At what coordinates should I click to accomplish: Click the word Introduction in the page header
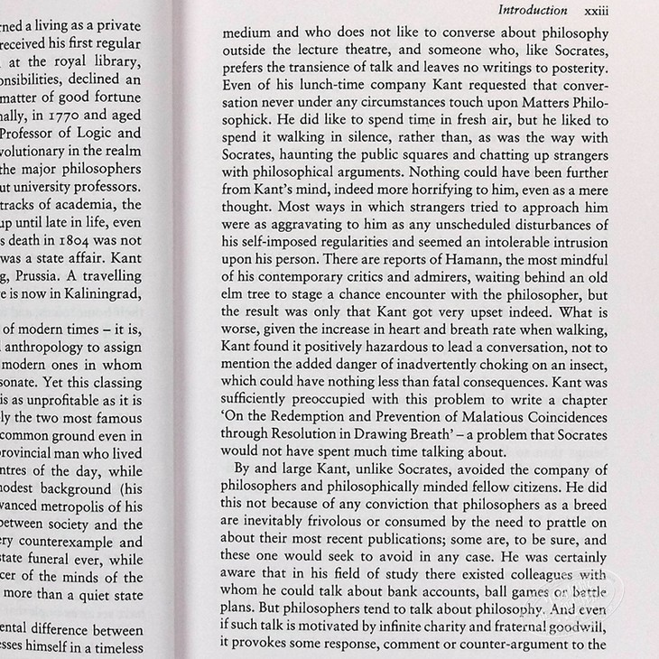[x=533, y=11]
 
